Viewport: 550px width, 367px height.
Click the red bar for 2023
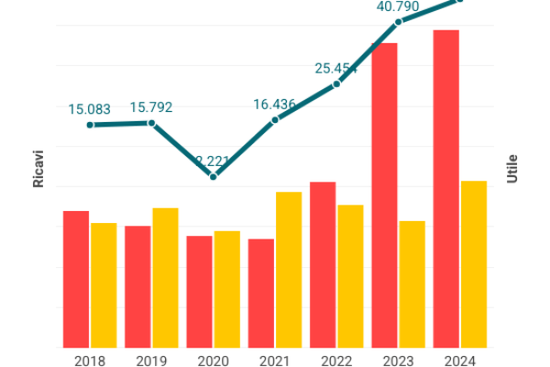384,195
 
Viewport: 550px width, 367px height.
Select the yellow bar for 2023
412,284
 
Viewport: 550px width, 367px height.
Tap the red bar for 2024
446,189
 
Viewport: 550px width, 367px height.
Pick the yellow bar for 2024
473,264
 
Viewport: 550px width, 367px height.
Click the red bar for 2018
76,279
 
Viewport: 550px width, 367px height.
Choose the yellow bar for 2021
289,270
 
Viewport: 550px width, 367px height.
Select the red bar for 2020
199,292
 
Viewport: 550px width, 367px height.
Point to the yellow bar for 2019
165,278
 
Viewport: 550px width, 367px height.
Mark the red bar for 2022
323,265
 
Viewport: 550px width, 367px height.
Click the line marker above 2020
214,176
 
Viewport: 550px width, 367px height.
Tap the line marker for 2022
336,83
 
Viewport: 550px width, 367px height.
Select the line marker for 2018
90,125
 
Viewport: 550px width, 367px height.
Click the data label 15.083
90,109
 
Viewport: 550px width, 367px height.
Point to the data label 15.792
151,107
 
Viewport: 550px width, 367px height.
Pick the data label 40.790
398,6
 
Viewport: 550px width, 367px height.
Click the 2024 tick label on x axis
460,361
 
